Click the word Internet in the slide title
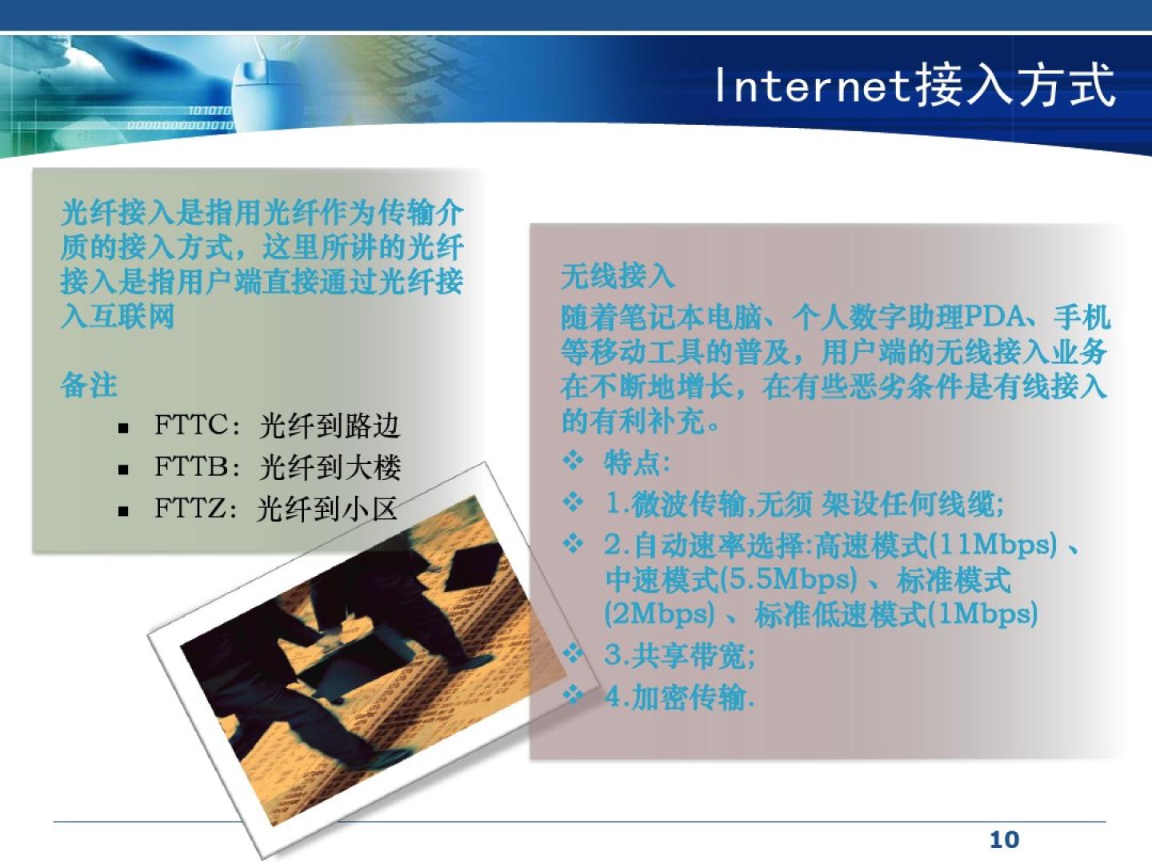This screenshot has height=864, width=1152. coord(813,86)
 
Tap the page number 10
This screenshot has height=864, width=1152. coord(1004,840)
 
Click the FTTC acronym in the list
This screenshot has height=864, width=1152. coord(191,424)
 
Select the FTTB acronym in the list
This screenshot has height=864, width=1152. coord(191,466)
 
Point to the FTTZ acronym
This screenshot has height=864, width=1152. coord(190,508)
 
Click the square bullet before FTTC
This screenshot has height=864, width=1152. coord(123,428)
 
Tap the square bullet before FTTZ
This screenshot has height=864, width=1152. coord(123,511)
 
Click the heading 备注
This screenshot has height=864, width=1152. coord(90,386)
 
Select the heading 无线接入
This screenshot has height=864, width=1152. coord(618,276)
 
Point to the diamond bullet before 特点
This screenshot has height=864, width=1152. coord(573,461)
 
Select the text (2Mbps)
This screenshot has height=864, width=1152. coord(660,614)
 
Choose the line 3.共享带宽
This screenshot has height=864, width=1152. coord(679,655)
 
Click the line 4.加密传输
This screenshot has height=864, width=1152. coord(679,697)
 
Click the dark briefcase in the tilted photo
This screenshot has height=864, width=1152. coord(475,568)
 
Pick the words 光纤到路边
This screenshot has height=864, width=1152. coord(330,426)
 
